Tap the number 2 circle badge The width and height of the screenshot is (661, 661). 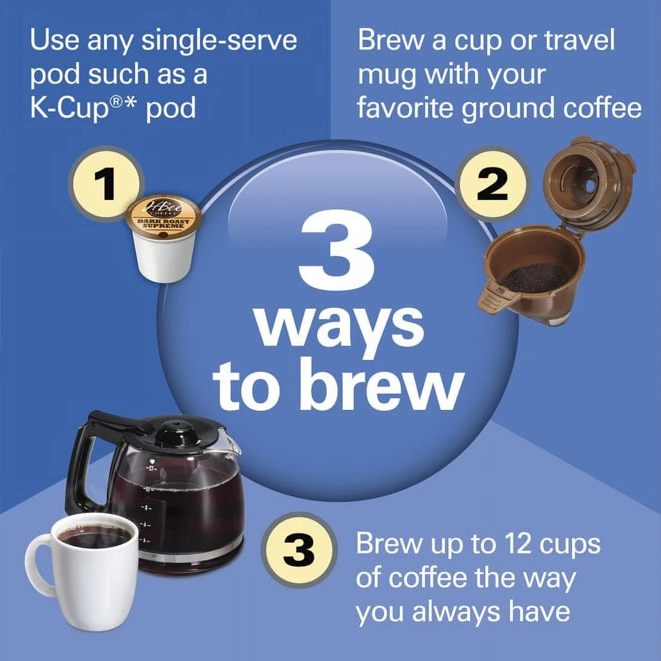point(492,185)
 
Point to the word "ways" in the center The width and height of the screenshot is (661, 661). point(339,326)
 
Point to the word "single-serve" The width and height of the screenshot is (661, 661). point(219,40)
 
